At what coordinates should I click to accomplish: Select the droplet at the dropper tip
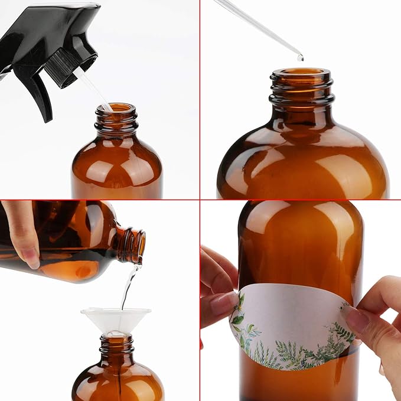300,57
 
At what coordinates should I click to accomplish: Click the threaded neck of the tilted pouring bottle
131,244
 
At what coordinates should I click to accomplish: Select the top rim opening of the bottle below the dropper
301,74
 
